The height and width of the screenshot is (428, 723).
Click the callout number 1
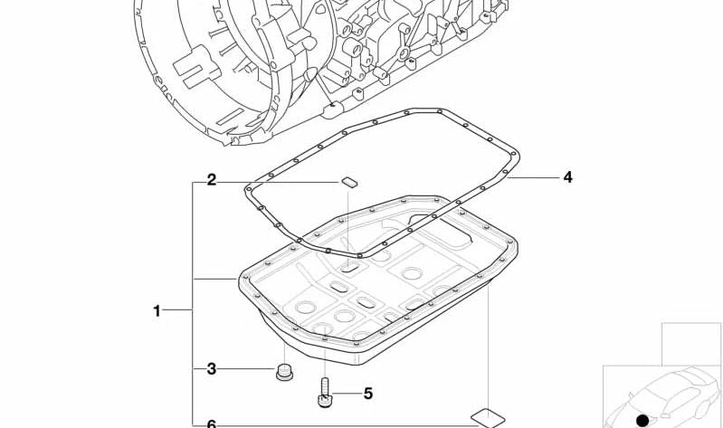[x=157, y=311]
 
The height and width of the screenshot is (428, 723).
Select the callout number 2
[x=211, y=180]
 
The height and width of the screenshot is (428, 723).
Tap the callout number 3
[x=211, y=368]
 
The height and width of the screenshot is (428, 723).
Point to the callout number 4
[x=567, y=177]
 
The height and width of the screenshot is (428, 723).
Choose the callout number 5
[x=367, y=394]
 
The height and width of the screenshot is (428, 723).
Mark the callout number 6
[x=211, y=423]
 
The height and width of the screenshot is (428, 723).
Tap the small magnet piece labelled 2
[x=349, y=182]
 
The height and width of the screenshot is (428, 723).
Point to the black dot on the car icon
[x=642, y=420]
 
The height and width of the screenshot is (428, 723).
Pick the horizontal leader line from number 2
[x=276, y=182]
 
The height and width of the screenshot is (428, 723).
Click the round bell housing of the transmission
[x=208, y=63]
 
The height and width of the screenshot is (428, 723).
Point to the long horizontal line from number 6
[x=344, y=423]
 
